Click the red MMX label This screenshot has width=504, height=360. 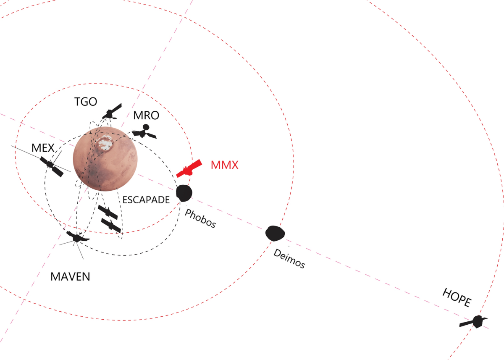click(225, 165)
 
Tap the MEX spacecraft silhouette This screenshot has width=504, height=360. click(51, 165)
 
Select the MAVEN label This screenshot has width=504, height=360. click(70, 277)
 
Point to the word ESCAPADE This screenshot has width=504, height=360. click(146, 200)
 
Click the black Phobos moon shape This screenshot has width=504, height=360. click(184, 193)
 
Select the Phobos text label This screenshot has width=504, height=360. click(200, 219)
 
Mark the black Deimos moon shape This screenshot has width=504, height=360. click(275, 233)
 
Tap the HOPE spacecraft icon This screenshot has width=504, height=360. click(475, 322)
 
